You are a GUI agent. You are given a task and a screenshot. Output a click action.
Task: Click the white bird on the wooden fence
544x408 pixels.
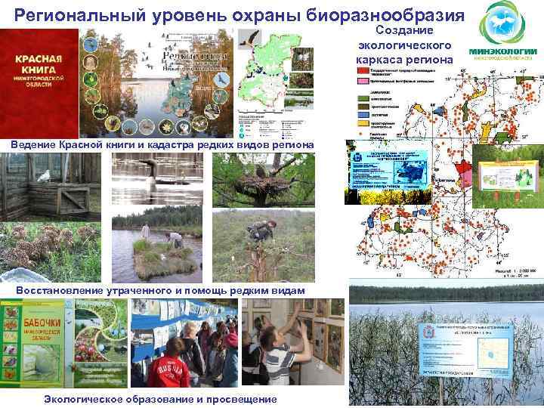tap(44, 176)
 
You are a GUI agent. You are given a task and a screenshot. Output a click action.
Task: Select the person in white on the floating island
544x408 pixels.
tap(146, 231)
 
